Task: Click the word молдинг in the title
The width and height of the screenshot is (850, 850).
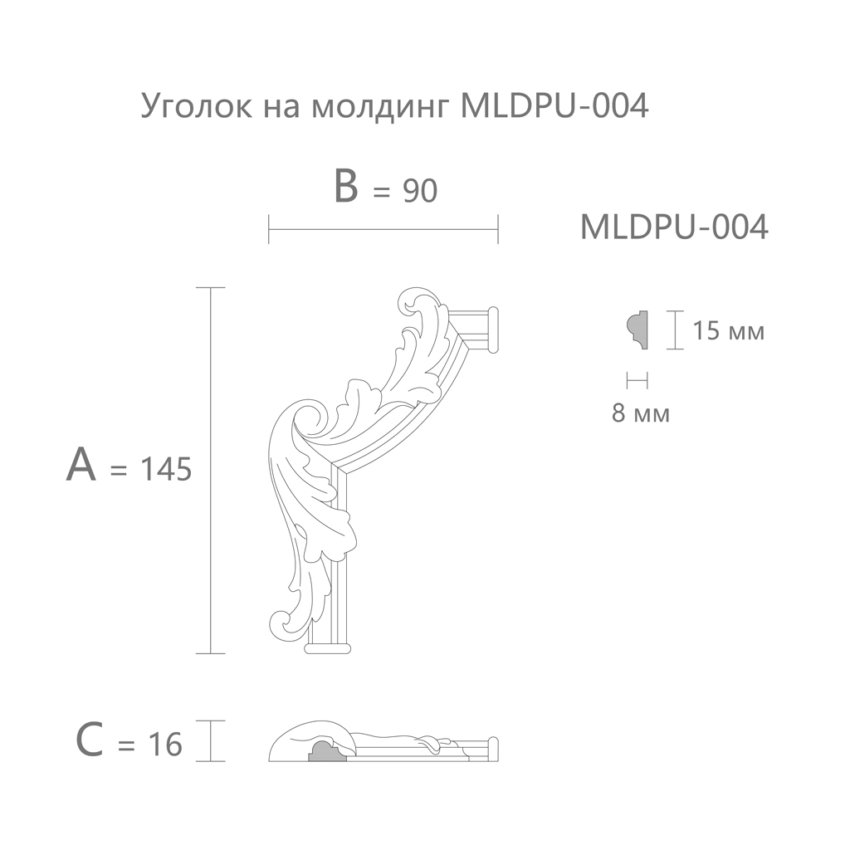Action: click(382, 107)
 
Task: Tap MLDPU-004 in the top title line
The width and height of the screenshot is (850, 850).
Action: click(554, 105)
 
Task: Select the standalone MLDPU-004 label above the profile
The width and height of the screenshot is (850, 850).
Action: click(674, 227)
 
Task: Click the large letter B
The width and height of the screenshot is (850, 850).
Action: click(346, 187)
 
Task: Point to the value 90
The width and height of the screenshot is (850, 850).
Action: click(420, 191)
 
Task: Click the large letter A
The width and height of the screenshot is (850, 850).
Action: click(81, 465)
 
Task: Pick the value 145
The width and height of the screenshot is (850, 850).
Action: click(166, 469)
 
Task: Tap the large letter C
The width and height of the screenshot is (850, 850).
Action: click(90, 740)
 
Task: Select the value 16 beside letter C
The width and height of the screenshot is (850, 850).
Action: click(165, 745)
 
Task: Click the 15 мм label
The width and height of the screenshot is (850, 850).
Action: click(729, 330)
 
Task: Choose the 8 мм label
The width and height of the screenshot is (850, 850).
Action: click(641, 413)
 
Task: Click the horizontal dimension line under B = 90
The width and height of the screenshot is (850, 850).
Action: click(383, 229)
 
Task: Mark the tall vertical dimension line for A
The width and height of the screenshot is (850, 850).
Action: click(210, 470)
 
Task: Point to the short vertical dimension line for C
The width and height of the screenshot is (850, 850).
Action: click(210, 741)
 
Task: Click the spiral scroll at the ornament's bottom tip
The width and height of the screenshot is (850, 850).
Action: click(282, 624)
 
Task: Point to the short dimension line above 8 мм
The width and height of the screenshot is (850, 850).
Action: click(637, 381)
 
